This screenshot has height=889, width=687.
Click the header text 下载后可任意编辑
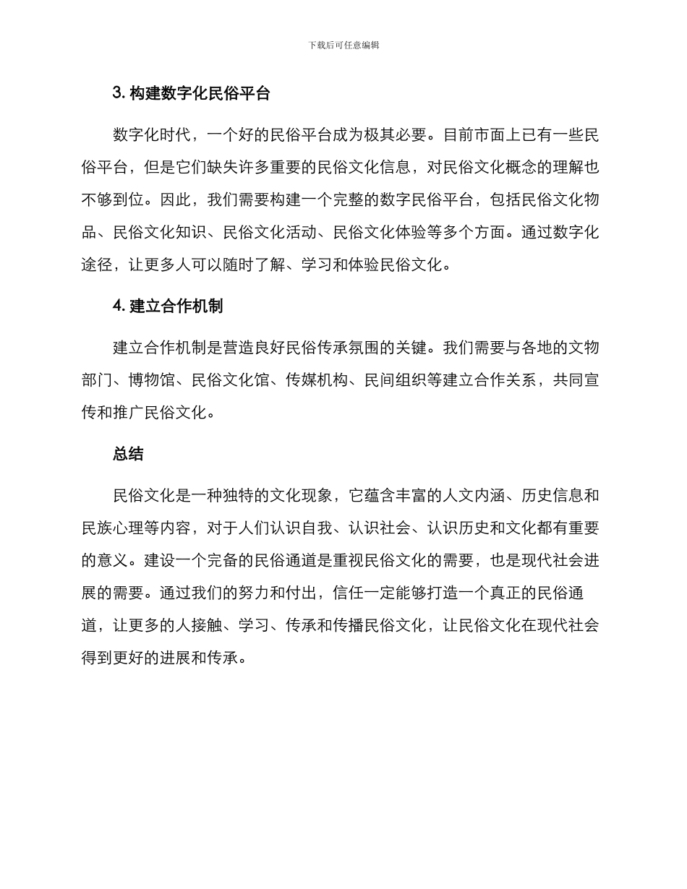coord(343,45)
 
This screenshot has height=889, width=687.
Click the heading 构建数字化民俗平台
coord(200,93)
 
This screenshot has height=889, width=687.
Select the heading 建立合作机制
coord(176,306)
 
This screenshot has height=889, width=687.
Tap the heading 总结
coord(128,454)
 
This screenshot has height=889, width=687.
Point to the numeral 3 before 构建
coord(117,93)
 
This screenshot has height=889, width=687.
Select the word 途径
coord(98,265)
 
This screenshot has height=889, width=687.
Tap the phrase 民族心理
coord(114,528)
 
